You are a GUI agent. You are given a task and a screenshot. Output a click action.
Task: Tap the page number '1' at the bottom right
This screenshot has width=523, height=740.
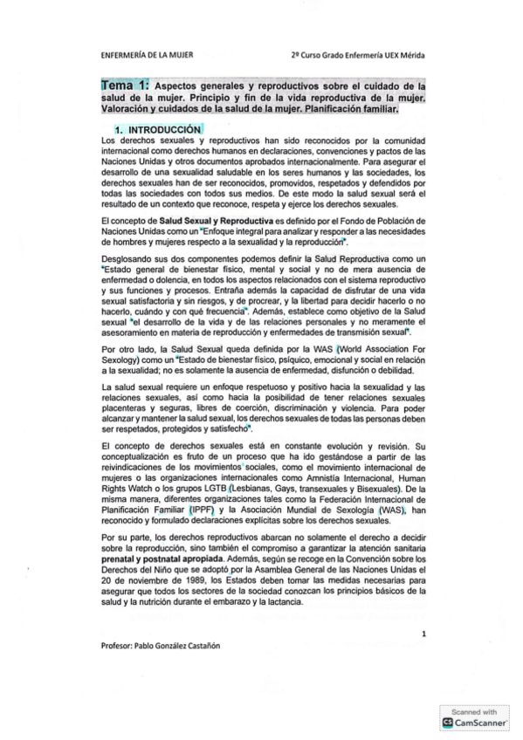423,634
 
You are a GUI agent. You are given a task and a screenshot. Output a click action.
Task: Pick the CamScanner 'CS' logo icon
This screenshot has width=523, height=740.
450,723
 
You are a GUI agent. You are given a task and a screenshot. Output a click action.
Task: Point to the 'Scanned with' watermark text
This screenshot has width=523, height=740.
473,710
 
